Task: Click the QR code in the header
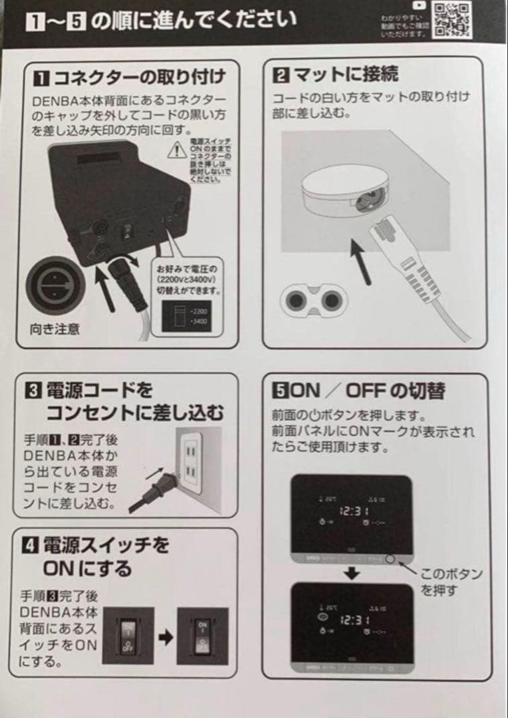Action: point(453,19)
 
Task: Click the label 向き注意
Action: point(55,328)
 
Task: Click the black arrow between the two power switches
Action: point(166,637)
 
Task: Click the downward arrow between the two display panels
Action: point(354,573)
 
